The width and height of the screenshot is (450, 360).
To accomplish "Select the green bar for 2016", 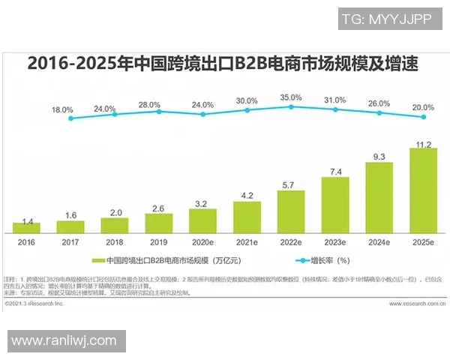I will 26,227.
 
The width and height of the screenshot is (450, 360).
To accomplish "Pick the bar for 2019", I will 158,223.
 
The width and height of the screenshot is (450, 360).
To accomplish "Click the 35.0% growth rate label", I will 291,97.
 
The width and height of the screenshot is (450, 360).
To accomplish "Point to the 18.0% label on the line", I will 62,109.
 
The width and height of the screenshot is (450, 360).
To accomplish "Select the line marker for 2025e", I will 424,117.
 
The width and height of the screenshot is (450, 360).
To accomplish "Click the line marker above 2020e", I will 202,115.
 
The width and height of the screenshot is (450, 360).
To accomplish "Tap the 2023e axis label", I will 334,243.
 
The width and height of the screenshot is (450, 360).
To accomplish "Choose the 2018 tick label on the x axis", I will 115,243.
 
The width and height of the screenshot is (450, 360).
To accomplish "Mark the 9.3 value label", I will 379,156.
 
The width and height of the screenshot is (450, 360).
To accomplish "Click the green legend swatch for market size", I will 97,261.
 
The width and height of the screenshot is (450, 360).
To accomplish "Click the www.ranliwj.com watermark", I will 64,341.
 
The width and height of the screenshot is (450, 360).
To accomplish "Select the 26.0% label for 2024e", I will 379,103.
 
